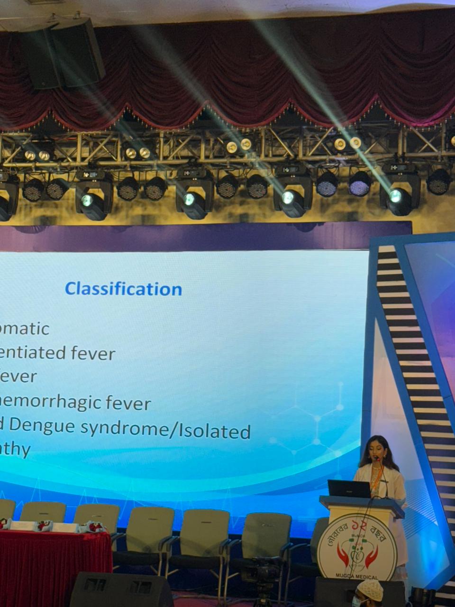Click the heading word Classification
123,289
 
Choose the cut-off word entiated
33,353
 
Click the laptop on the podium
349,489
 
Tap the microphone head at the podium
377,459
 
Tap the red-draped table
55,560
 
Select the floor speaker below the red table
121,590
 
